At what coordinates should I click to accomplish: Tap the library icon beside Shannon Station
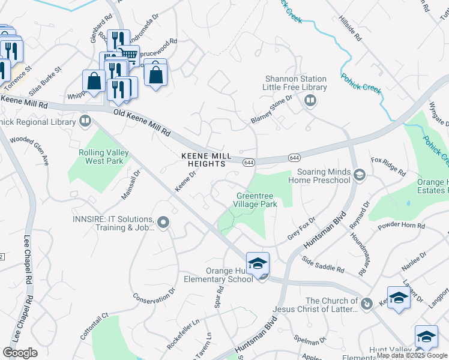click(x=310, y=101)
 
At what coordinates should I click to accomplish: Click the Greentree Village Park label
click(x=256, y=200)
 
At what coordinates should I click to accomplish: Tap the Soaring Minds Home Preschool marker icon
click(x=360, y=175)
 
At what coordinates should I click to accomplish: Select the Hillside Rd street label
click(x=351, y=28)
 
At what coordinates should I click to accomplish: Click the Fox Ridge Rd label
click(x=389, y=166)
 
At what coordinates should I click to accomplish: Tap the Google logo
click(x=20, y=353)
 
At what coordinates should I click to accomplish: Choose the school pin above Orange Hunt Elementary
click(x=257, y=263)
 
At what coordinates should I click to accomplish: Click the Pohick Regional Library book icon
click(x=86, y=122)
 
